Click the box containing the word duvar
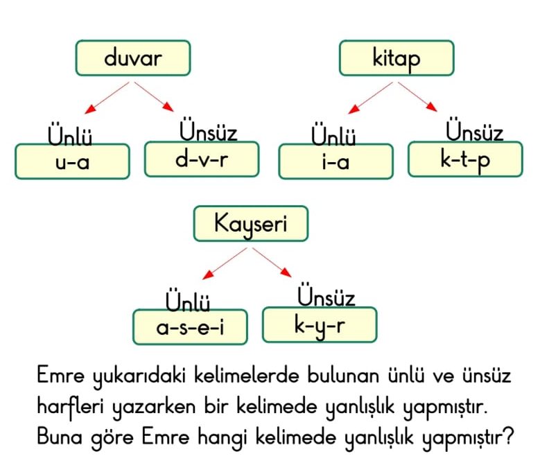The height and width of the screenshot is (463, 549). [x=133, y=58]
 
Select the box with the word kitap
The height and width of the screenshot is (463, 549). [x=397, y=58]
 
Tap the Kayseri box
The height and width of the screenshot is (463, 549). [x=251, y=224]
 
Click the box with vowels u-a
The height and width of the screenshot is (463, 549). [x=73, y=161]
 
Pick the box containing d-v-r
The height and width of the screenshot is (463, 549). [x=202, y=159]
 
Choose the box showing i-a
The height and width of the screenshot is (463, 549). [x=336, y=161]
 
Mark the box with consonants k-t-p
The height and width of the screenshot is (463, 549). [x=465, y=159]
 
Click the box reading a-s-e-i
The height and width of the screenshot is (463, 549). [x=190, y=327]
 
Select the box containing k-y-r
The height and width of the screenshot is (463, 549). [x=320, y=325]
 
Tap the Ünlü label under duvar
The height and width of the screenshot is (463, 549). [x=70, y=134]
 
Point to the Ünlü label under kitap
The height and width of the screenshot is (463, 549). [x=333, y=134]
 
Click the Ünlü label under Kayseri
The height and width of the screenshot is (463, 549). [x=188, y=299]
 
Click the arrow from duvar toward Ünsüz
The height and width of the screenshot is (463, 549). [x=154, y=97]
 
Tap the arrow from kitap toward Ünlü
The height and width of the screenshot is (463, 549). [x=370, y=98]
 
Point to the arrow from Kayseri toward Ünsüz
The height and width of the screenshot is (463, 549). [x=272, y=263]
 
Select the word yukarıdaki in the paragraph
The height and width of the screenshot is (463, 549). [x=139, y=376]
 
